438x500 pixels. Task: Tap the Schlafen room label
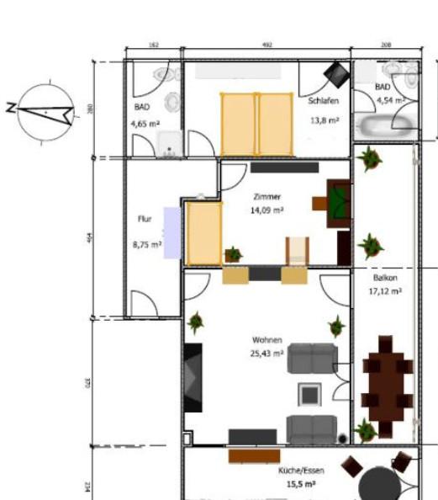[324, 99]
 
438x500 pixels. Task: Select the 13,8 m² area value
[324, 120]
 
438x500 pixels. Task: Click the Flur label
[145, 219]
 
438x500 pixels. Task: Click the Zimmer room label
[266, 196]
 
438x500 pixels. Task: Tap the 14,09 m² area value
[266, 210]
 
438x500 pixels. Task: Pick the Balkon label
[385, 277]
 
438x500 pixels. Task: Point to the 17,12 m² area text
[385, 291]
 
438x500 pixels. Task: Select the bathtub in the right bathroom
[386, 126]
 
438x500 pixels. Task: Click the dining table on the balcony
[387, 386]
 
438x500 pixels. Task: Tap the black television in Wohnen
[193, 376]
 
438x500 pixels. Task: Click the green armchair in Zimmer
[339, 202]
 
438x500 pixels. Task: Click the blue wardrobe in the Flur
[172, 232]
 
